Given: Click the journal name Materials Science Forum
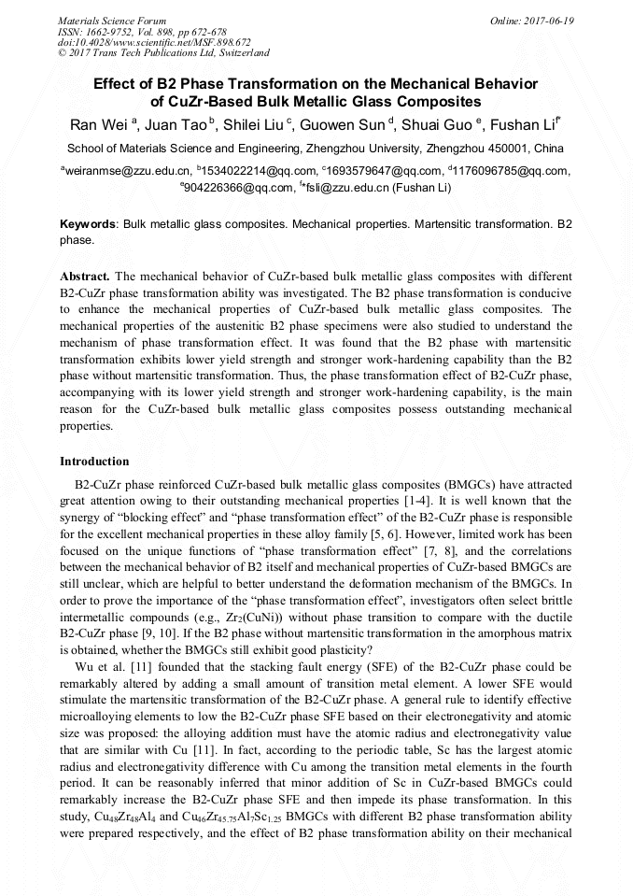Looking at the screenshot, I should (x=112, y=20).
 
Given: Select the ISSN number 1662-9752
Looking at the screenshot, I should (x=120, y=31).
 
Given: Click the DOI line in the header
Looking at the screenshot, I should (x=154, y=42).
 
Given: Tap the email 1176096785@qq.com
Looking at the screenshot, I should (x=512, y=171).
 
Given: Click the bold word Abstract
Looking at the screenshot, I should (x=85, y=277).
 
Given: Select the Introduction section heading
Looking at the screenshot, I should (x=94, y=462).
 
